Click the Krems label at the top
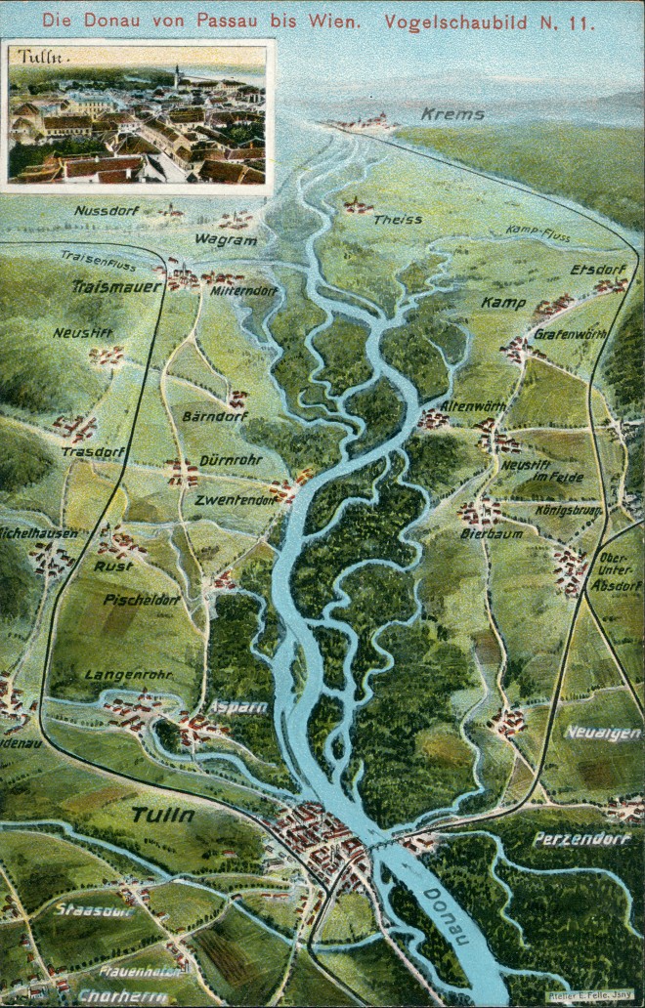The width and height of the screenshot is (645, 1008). (452, 114)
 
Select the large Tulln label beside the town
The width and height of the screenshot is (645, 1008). (162, 815)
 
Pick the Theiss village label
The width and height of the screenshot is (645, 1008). (398, 219)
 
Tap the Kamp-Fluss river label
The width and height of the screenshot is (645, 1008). (537, 231)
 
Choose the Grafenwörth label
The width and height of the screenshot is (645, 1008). (570, 334)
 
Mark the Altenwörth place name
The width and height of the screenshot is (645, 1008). (472, 405)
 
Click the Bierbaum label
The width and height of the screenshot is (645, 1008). (492, 533)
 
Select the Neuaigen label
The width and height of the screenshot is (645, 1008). (602, 733)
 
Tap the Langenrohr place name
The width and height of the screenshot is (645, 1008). (128, 674)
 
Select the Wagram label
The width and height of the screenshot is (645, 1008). (225, 240)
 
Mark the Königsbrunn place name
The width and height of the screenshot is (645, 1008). (566, 509)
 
